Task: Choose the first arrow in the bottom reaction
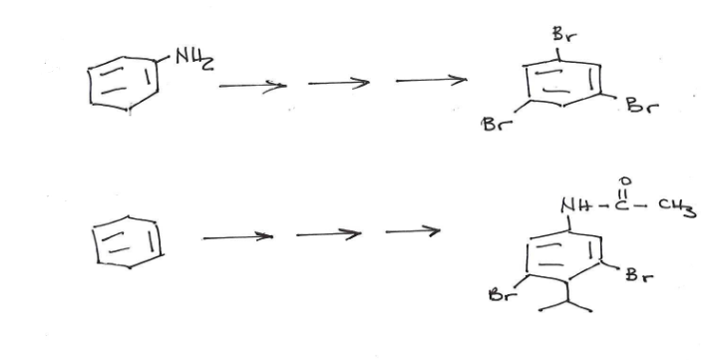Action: click(x=237, y=237)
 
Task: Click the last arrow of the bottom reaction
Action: click(x=412, y=233)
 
